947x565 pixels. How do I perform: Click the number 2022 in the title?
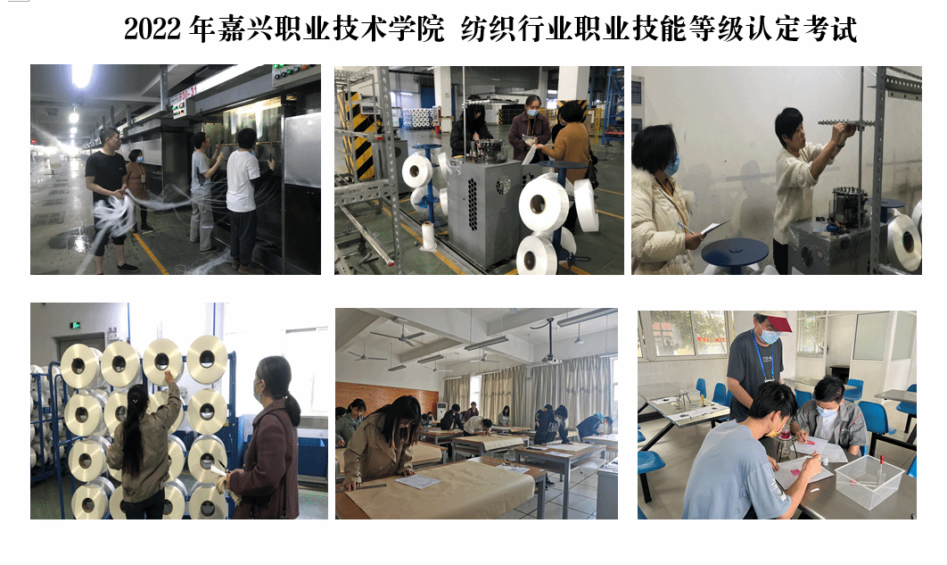152,29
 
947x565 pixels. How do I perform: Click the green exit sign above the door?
75,325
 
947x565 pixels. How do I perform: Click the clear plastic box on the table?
869,480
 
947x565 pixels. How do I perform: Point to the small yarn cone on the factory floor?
428,236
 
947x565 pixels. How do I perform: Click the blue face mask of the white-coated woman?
672,164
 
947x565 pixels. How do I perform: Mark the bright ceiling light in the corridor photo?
81,75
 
